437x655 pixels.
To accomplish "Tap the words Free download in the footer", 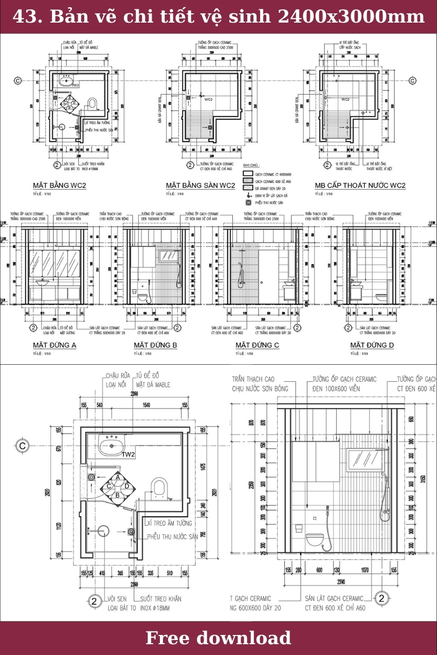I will tap(219, 638).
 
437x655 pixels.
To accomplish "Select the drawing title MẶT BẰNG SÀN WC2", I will tap(200, 185).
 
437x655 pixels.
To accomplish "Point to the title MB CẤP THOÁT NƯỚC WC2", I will tap(360, 185).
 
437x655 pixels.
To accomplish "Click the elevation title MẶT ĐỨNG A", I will tap(54, 345).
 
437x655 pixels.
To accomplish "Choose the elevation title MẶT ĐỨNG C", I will tap(257, 345).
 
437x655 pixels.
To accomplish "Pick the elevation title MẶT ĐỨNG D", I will tap(372, 345).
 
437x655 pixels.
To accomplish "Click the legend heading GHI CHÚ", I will tap(251, 165).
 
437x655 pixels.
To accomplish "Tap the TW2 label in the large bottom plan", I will tap(128, 455).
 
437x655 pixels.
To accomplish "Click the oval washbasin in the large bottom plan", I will tap(112, 446).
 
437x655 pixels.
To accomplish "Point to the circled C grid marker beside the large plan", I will tap(23, 446).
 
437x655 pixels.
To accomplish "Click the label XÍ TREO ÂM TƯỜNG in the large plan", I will tap(169, 523).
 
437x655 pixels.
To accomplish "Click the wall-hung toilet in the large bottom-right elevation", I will tap(314, 539).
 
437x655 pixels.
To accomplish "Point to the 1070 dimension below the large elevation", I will tap(365, 570).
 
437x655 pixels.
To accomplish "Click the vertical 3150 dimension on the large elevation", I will tap(423, 480).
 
